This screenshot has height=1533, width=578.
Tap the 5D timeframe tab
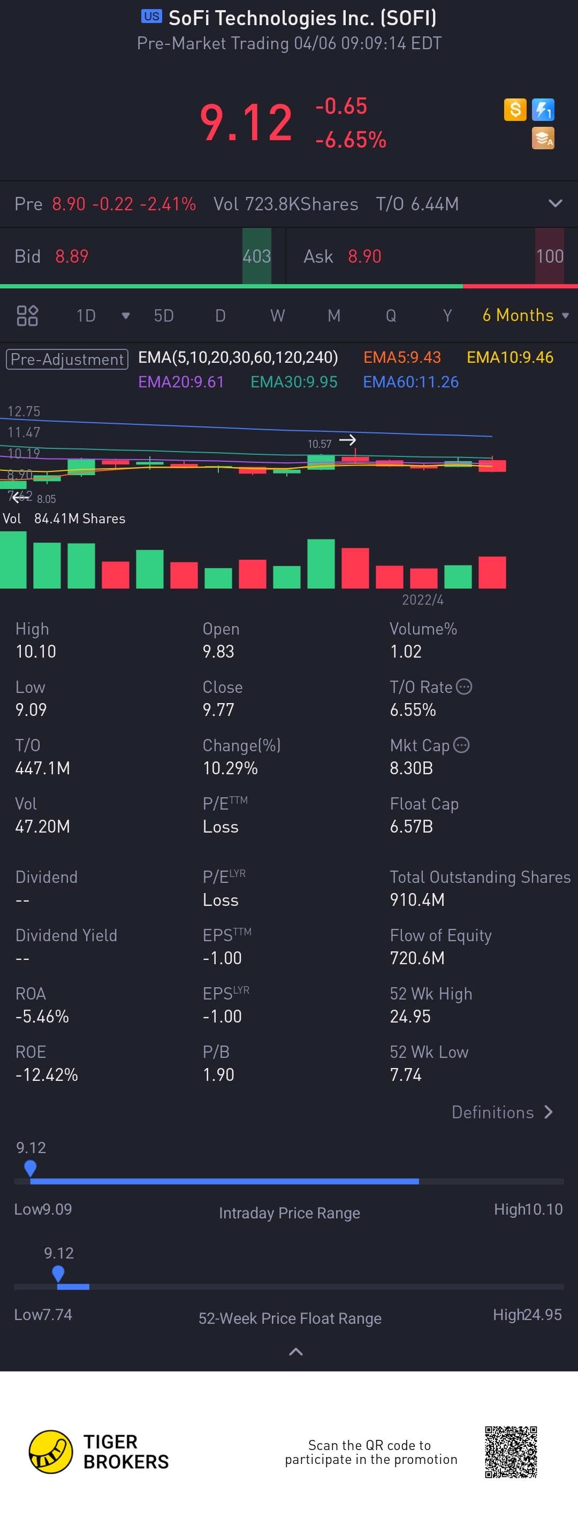coord(164,315)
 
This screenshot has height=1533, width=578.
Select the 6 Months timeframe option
coord(519,315)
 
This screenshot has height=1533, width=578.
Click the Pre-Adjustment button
coord(67,360)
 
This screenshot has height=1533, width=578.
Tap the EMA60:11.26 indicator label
coord(410,382)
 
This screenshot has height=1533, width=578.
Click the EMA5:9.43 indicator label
coord(402,357)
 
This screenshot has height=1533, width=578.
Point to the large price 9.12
coord(246,123)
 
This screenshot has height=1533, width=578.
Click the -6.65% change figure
coord(351,140)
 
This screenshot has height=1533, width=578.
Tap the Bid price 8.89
coord(72,256)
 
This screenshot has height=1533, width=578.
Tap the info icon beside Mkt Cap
coord(461,744)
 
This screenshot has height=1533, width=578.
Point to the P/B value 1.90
coord(218,1075)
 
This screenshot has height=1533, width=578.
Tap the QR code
coord(511,1452)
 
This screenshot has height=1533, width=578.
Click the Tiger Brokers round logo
coord(51,1452)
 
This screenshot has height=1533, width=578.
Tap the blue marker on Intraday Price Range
coord(31,1168)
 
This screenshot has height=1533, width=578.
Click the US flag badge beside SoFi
coord(151,17)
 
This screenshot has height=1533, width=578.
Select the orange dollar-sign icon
coord(515,110)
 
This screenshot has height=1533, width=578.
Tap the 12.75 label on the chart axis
coord(24,411)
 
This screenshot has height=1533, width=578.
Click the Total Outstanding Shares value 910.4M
coord(417,900)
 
